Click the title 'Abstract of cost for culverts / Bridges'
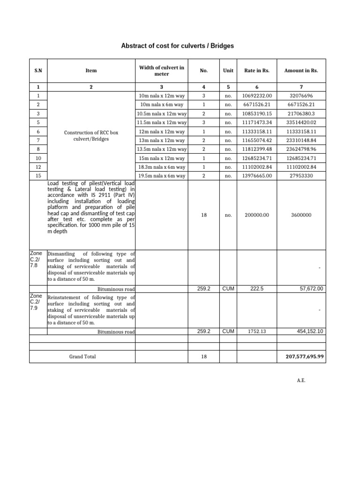[x=177, y=46]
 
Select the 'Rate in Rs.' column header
[x=257, y=71]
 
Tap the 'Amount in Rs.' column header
[x=301, y=71]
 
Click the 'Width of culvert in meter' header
[x=162, y=71]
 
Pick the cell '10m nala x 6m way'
[x=162, y=105]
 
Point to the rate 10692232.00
[x=257, y=96]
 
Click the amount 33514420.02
[x=301, y=123]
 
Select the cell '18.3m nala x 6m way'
[x=162, y=167]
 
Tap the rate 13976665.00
[x=257, y=176]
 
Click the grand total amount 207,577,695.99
[x=304, y=357]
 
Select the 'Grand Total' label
[x=82, y=357]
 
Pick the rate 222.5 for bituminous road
[x=257, y=289]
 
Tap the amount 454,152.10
[x=310, y=331]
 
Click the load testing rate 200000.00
[x=257, y=215]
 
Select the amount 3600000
[x=301, y=215]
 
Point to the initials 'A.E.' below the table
[x=301, y=381]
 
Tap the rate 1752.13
[x=257, y=331]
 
